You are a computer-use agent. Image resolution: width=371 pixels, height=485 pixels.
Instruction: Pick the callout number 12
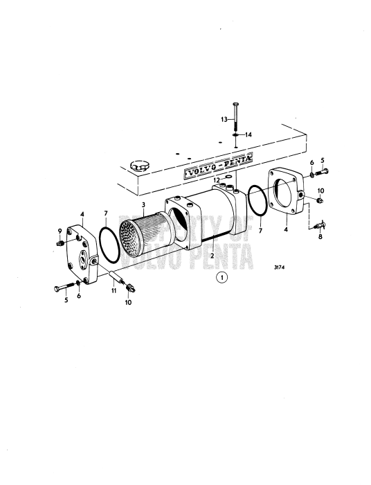[x=216, y=180]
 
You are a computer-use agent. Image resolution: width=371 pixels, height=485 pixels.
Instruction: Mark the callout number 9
[x=60, y=231]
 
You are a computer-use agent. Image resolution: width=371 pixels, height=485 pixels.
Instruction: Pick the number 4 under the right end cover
[x=286, y=225]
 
